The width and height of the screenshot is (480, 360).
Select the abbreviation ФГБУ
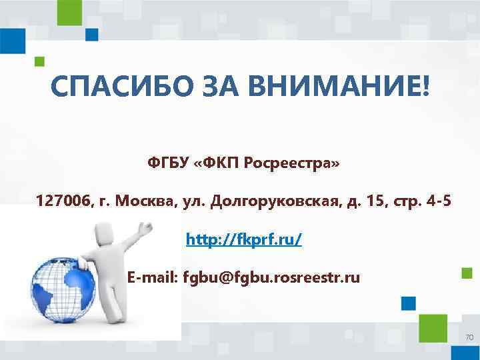point(167,163)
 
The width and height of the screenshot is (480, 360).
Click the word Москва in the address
point(143,201)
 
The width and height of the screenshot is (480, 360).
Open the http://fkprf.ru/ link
point(243,238)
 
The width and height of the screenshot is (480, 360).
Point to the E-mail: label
point(153,277)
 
